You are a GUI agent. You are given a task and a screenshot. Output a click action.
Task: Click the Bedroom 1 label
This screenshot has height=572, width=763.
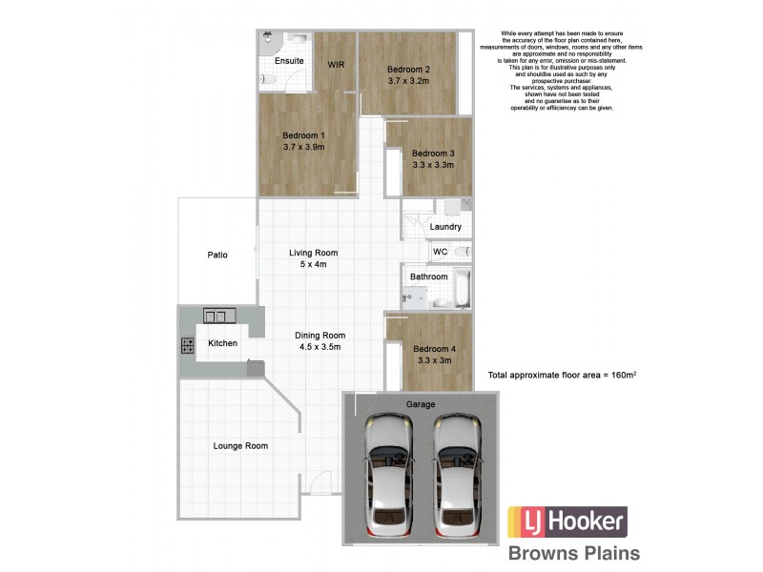click(304, 134)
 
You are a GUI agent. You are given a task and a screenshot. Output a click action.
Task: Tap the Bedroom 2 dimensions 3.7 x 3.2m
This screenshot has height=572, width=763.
click(409, 81)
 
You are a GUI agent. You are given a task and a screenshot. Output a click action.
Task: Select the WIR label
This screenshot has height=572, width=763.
click(336, 65)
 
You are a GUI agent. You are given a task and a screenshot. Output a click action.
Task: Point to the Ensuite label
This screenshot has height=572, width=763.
click(288, 61)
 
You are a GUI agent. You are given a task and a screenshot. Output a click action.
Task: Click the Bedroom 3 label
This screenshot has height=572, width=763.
click(432, 153)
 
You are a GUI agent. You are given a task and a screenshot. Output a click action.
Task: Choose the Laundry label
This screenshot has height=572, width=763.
click(445, 227)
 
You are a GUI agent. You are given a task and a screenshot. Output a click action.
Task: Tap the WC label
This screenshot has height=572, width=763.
click(440, 252)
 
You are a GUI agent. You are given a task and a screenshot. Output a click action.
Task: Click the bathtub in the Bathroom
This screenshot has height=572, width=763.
click(463, 287)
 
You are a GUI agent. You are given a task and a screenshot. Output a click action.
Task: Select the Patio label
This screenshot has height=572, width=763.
click(217, 255)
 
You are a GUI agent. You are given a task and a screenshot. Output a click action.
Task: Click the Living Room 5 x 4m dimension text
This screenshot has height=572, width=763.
click(314, 265)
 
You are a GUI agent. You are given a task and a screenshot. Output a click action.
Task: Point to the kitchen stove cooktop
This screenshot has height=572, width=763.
click(189, 345)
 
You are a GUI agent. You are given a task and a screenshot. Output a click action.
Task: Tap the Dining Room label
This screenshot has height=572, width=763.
click(320, 335)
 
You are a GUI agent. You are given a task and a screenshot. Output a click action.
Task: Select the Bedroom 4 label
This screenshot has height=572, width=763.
click(434, 349)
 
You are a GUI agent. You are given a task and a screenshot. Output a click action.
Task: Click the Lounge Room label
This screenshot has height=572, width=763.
click(239, 445)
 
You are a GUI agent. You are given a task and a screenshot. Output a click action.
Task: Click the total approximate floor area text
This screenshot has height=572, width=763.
click(562, 376)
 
